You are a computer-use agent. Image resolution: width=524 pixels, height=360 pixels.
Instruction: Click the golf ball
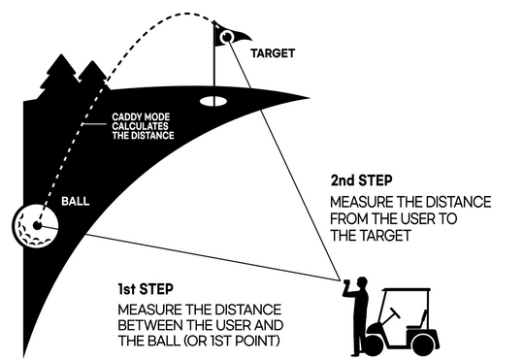coord(35,225)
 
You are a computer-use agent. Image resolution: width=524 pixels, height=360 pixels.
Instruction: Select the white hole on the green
coord(213,101)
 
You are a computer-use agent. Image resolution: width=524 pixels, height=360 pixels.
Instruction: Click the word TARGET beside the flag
coord(273,53)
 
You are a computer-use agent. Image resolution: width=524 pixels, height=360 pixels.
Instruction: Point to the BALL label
coord(75,201)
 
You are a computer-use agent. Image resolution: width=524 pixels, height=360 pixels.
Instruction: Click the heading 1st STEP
coord(146,289)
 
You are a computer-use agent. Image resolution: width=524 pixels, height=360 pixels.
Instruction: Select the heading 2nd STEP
coord(361,180)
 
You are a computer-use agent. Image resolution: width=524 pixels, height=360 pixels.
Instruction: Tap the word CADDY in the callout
coord(124,117)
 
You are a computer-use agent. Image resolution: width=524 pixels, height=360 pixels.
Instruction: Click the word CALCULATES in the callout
coord(140,126)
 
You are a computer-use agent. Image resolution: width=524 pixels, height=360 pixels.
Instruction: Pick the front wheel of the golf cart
coord(374,344)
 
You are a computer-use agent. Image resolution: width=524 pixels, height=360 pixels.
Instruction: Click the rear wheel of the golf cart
coord(423,344)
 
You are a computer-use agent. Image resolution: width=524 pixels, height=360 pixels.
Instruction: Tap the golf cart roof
coord(406,290)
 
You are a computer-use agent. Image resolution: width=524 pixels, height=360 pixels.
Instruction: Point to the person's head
coord(362,283)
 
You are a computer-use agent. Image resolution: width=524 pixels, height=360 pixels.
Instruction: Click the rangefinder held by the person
coord(346,284)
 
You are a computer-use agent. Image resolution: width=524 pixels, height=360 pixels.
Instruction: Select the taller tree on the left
coord(60,76)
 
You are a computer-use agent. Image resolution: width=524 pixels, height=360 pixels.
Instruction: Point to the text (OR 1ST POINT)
coord(231,341)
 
